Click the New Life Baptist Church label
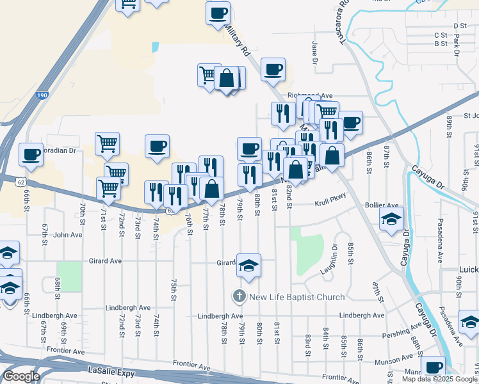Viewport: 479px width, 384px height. (x=296, y=296)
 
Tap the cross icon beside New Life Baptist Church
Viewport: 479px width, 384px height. (x=238, y=296)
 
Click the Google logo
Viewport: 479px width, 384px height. (x=21, y=376)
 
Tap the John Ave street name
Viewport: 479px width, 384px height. (x=68, y=235)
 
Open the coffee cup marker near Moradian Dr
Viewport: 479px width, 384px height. (x=31, y=154)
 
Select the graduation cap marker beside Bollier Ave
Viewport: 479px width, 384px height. (x=391, y=220)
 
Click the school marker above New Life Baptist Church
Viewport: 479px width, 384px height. (x=248, y=266)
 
